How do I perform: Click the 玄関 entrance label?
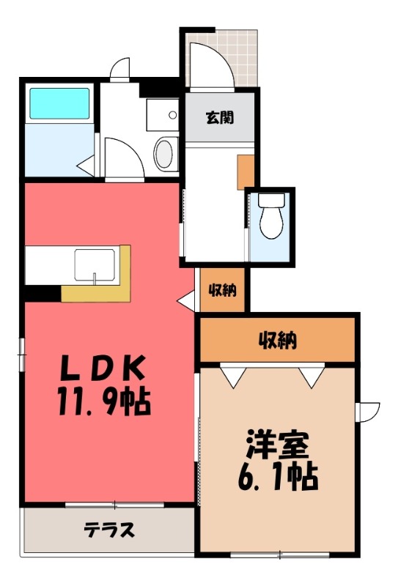[220, 118]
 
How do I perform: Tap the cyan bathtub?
[59, 103]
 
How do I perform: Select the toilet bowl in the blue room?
[272, 216]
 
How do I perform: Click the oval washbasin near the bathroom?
[163, 154]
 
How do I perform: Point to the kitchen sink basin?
[95, 265]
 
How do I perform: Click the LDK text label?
[103, 368]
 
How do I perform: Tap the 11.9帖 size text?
[104, 402]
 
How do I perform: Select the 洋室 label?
[278, 445]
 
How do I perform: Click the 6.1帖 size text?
[278, 477]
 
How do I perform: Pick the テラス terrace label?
[109, 530]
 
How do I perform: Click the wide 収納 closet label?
[279, 340]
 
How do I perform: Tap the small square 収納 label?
[223, 289]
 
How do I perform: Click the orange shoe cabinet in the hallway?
[246, 172]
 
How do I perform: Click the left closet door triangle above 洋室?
[232, 376]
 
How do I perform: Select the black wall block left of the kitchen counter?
[43, 293]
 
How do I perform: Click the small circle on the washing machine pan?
[172, 115]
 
